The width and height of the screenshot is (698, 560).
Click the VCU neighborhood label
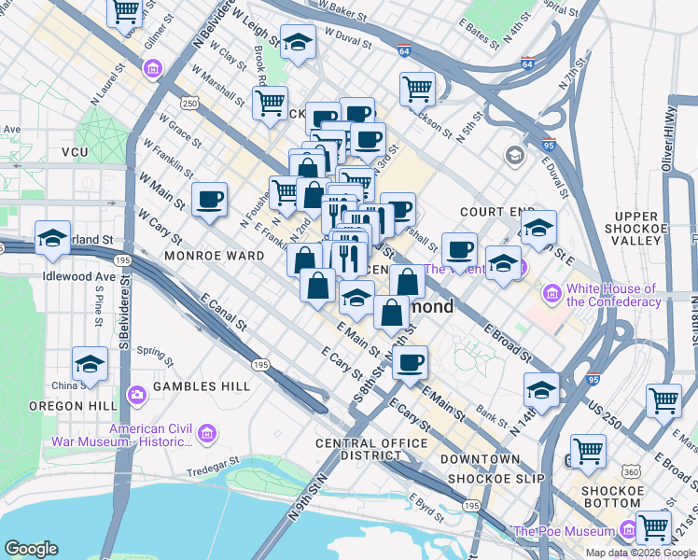(x=75, y=151)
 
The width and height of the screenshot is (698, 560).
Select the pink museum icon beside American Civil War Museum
(x=206, y=432)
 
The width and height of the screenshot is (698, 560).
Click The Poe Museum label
(x=563, y=532)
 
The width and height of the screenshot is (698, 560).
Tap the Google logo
(x=31, y=549)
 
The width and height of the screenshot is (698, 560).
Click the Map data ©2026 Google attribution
(x=638, y=553)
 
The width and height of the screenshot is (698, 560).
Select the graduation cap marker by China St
(x=91, y=365)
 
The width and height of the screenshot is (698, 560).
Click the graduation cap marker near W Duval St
(x=298, y=42)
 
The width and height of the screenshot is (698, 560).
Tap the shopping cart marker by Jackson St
(x=417, y=89)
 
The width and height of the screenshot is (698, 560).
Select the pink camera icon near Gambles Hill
(x=138, y=394)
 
